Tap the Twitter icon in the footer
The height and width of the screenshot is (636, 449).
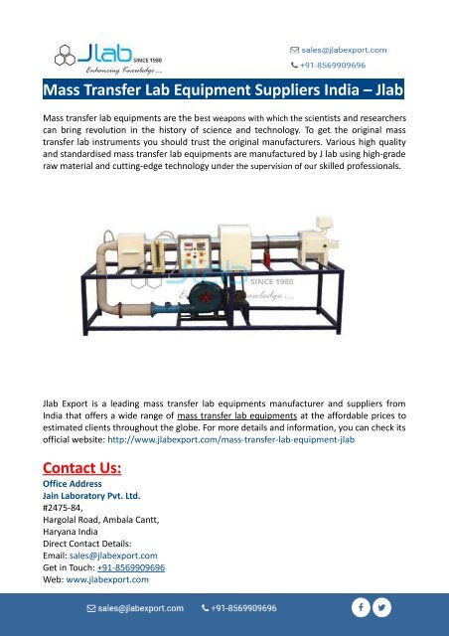pyautogui.click(x=383, y=606)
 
